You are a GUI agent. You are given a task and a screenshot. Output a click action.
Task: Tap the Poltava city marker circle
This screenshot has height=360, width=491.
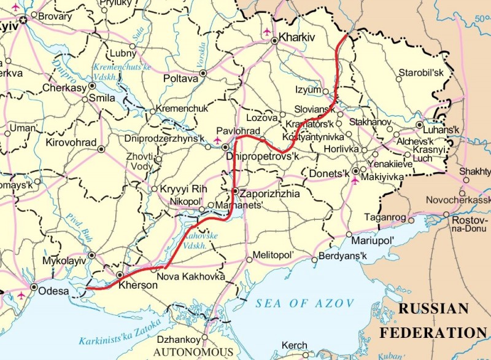click(x=203, y=72)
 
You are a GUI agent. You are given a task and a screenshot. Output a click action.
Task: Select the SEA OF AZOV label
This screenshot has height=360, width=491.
click(x=305, y=303)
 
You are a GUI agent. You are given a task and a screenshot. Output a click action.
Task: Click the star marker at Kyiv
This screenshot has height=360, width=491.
click(x=23, y=20)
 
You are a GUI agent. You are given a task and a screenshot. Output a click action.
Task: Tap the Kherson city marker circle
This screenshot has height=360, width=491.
click(x=120, y=275)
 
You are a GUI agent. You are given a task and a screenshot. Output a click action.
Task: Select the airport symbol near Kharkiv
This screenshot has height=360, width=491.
click(x=266, y=31)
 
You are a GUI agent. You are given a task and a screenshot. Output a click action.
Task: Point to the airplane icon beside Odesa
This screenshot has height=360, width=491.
click(x=22, y=295)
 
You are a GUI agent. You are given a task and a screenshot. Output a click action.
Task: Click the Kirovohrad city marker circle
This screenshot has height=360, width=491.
click(x=102, y=148)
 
